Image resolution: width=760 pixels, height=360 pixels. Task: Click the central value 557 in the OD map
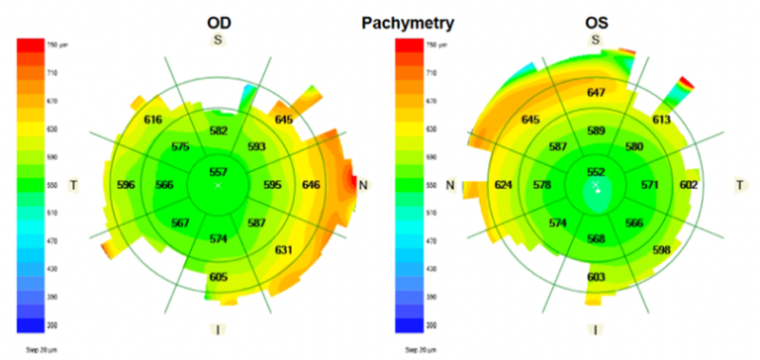[219, 171]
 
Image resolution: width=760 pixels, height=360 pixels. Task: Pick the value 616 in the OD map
[153, 120]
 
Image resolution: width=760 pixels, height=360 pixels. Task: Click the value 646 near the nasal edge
[338, 185]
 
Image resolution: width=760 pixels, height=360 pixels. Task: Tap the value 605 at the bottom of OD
[219, 277]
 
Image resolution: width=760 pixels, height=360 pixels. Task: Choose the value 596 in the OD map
[126, 185]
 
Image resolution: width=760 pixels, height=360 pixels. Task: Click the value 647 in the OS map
[595, 93]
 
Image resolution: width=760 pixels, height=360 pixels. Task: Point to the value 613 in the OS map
[661, 120]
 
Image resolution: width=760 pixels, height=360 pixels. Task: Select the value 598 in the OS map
[661, 249]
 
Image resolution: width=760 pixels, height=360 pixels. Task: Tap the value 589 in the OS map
[595, 131]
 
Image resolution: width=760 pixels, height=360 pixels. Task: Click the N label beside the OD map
[363, 185]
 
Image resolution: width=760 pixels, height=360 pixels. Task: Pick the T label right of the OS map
[738, 185]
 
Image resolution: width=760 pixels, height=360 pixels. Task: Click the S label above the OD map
[219, 40]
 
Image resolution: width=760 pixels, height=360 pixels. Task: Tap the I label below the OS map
[595, 328]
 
